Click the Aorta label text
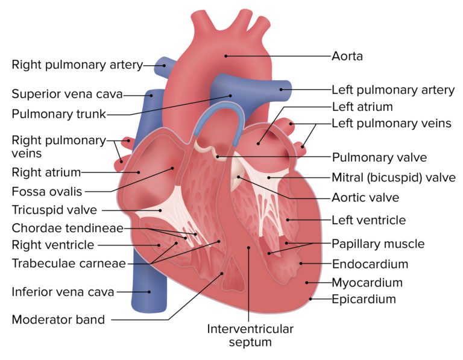coord(347,56)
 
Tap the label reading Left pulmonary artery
coord(393,90)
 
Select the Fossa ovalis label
coord(47,192)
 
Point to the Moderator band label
coord(58,320)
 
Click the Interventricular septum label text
coord(250,335)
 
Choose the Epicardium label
coord(364,299)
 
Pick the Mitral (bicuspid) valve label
coord(394,178)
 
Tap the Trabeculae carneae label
coord(69,264)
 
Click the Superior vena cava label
coord(67,94)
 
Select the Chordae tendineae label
coord(68,229)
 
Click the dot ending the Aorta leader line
coord(226,56)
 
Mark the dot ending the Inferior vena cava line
coord(150,292)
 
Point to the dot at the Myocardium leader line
coord(307,283)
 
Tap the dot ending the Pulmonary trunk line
coord(231,96)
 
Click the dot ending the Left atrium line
coord(258,144)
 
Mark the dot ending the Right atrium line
coord(138,172)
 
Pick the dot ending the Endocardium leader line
coord(301,264)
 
